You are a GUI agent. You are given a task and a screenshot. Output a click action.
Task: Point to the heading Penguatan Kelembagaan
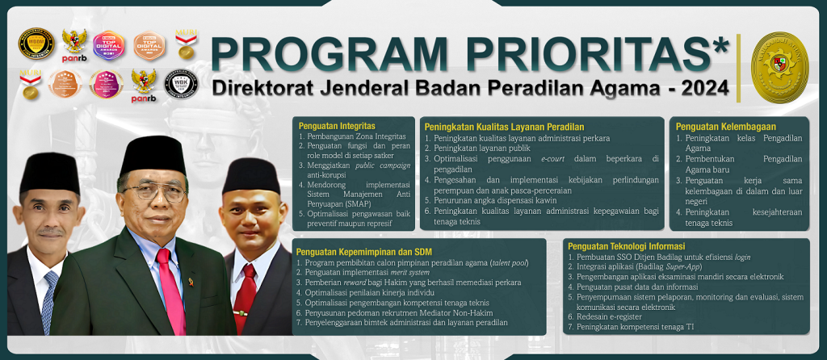[x=715, y=127]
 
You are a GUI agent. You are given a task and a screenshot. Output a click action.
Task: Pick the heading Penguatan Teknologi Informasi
[x=626, y=246]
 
